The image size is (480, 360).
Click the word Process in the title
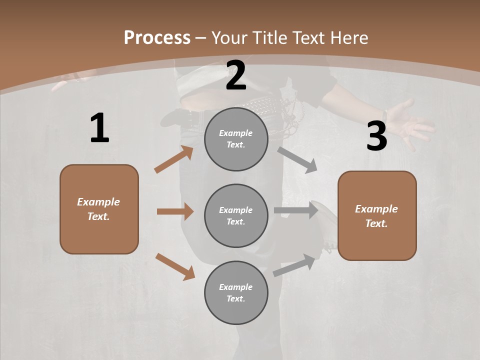pyautogui.click(x=157, y=38)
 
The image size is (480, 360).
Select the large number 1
pyautogui.click(x=99, y=128)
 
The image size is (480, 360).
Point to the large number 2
pyautogui.click(x=236, y=76)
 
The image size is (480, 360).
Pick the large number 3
pyautogui.click(x=376, y=136)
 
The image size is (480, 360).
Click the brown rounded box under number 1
pyautogui.click(x=99, y=209)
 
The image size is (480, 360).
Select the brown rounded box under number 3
pyautogui.click(x=377, y=216)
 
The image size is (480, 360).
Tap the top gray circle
pyautogui.click(x=236, y=139)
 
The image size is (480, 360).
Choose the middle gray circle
pyautogui.click(x=236, y=216)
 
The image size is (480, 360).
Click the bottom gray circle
pyautogui.click(x=236, y=293)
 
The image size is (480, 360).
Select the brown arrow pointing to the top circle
pyautogui.click(x=174, y=159)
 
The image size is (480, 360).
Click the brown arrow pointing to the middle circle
pyautogui.click(x=175, y=211)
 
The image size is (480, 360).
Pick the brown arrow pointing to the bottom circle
pyautogui.click(x=175, y=266)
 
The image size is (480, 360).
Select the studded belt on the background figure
pyautogui.click(x=260, y=106)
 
